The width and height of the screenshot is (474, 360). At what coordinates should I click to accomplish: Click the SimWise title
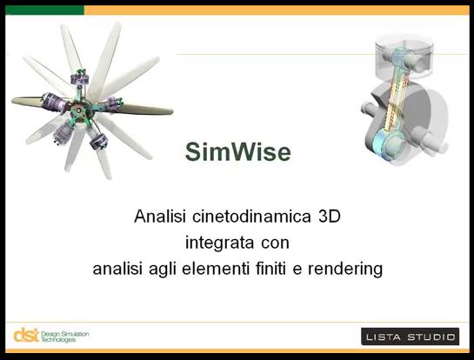click(238, 151)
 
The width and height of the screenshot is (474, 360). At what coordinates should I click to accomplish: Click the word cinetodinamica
click(251, 217)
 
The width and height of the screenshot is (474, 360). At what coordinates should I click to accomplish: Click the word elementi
click(216, 269)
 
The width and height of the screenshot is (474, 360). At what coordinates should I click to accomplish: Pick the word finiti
click(270, 269)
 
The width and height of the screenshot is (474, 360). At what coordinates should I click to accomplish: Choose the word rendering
click(345, 269)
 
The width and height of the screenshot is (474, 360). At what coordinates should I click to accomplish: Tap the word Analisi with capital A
click(160, 217)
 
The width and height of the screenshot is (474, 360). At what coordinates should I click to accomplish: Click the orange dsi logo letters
click(26, 335)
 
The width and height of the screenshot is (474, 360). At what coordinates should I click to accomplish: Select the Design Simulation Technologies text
click(64, 337)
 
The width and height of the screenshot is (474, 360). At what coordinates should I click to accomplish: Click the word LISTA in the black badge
click(384, 337)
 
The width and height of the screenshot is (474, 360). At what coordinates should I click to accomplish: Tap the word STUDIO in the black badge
click(431, 337)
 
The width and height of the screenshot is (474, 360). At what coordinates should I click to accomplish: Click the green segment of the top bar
click(44, 10)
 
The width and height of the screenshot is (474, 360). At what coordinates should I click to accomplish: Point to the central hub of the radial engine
click(80, 110)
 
